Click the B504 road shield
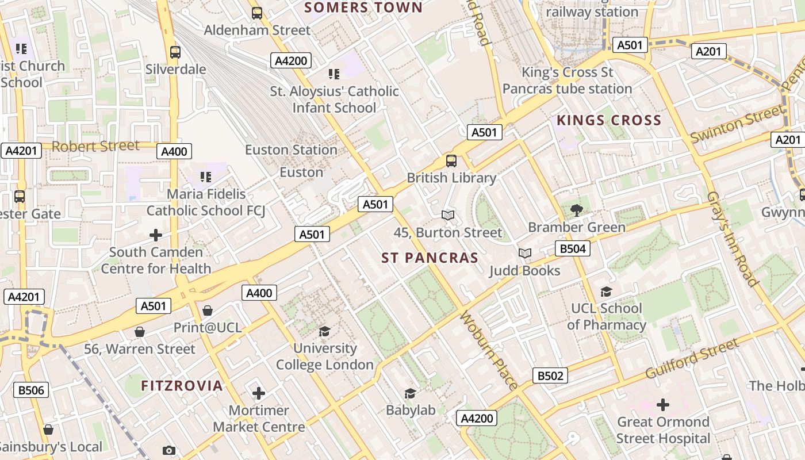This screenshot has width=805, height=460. click(x=572, y=248)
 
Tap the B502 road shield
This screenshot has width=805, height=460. click(x=550, y=375)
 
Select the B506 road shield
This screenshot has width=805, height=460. click(x=31, y=390)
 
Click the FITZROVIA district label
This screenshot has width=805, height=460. click(x=182, y=385)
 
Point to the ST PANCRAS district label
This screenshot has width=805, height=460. click(x=430, y=258)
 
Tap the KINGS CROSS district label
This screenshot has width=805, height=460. click(x=609, y=120)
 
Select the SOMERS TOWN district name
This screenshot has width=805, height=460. click(x=363, y=7)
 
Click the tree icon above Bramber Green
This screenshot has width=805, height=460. click(x=576, y=210)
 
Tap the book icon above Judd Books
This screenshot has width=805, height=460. click(x=524, y=253)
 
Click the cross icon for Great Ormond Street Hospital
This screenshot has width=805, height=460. click(x=663, y=405)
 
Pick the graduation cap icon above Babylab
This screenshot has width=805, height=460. click(x=410, y=393)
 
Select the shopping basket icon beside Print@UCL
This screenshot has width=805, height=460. click(x=208, y=311)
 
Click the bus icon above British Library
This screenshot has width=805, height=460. click(x=451, y=161)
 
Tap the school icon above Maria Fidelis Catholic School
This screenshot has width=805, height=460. click(x=205, y=177)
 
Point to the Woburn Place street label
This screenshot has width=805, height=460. click(x=489, y=350)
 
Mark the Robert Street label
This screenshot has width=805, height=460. click(x=95, y=146)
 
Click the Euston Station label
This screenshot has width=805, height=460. click(x=291, y=150)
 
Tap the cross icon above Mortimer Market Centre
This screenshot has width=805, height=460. click(x=259, y=393)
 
